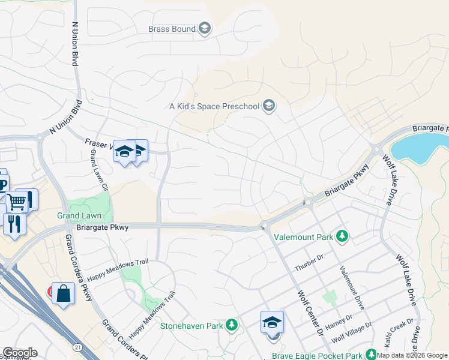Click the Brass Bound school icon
pyautogui.click(x=204, y=29)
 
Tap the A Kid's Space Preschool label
pyautogui.click(x=214, y=107)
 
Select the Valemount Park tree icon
pyautogui.click(x=342, y=237)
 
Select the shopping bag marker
pyautogui.click(x=63, y=294)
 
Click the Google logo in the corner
pyautogui.click(x=19, y=353)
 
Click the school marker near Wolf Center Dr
pyautogui.click(x=272, y=322)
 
